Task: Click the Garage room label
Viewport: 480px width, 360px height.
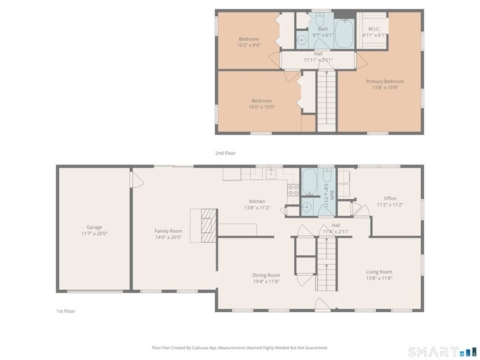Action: point(94,227)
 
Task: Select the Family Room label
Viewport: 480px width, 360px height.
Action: point(168,231)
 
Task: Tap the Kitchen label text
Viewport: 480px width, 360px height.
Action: point(257,201)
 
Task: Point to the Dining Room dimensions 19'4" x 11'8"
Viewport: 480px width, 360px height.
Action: point(267,281)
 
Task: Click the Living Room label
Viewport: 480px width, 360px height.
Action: point(380,271)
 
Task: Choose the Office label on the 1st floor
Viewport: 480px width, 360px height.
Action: point(389,198)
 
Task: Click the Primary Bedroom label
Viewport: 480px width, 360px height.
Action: point(385,81)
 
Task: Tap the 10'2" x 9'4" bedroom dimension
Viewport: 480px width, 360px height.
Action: point(248,45)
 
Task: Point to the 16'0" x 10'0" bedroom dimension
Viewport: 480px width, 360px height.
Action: point(261,107)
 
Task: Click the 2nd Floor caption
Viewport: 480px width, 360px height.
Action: point(225,153)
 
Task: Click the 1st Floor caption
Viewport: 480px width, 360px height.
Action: point(66,311)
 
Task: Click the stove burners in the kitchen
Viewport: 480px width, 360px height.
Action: point(292,193)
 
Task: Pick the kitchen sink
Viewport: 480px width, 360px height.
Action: point(271,174)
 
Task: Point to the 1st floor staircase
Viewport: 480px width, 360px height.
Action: point(326,267)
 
